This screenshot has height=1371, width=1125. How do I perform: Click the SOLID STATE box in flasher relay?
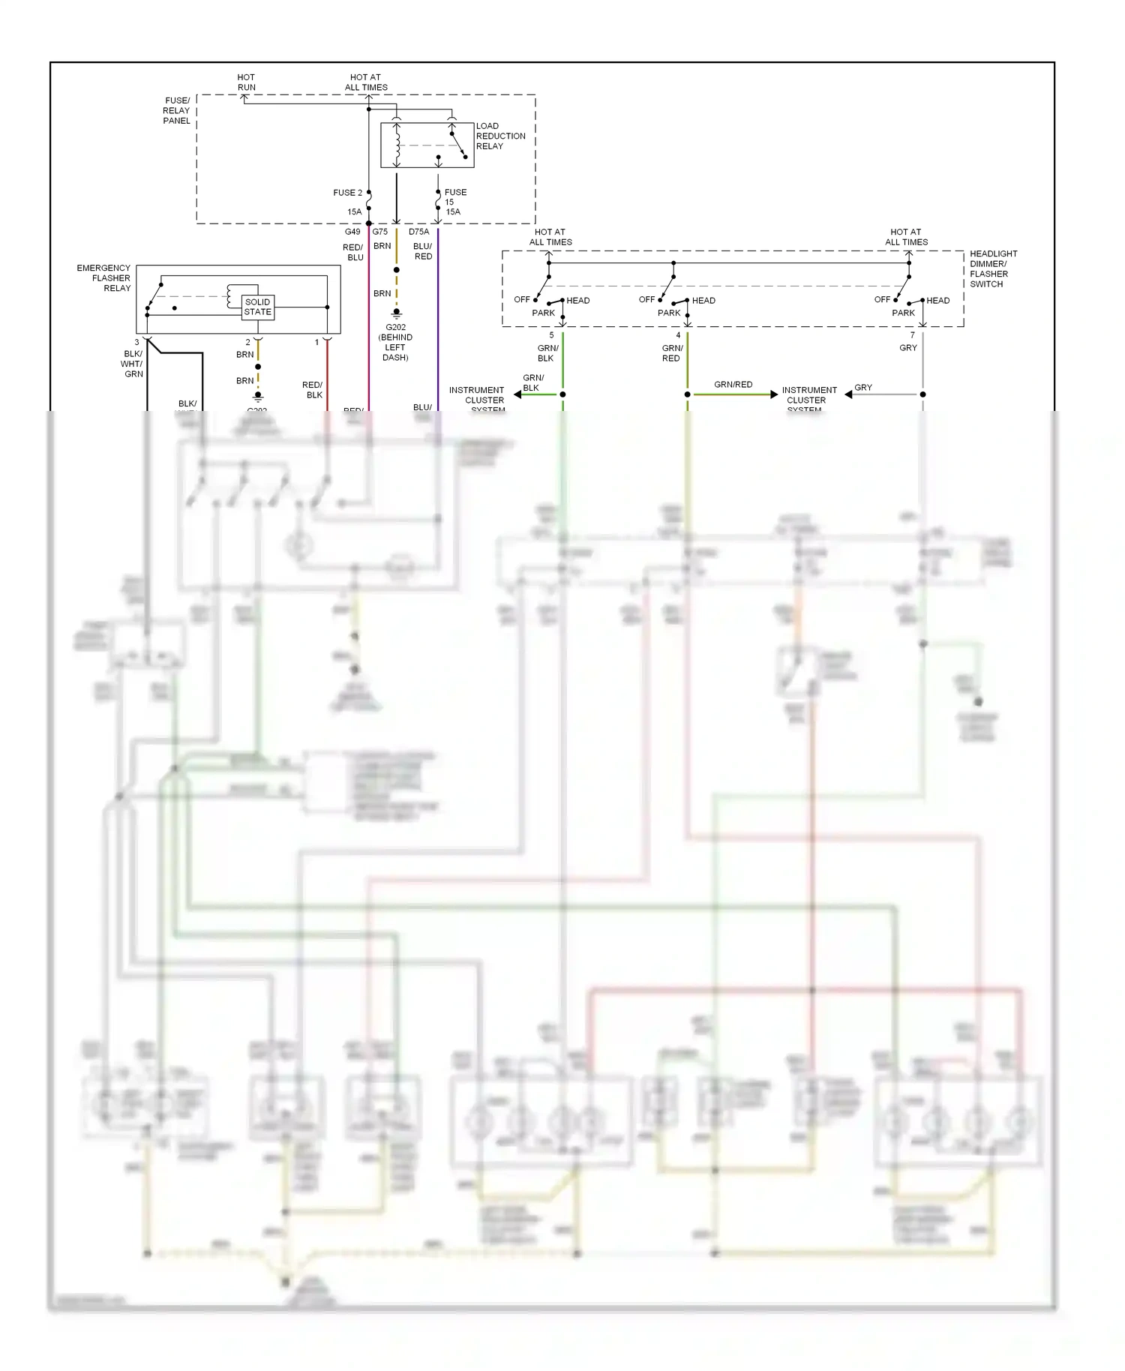[258, 307]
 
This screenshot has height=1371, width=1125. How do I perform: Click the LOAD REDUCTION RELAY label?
[500, 136]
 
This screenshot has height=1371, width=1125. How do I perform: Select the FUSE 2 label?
[347, 193]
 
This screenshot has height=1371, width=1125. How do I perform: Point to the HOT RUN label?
[246, 82]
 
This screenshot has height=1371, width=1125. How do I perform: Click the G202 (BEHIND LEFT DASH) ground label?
[395, 342]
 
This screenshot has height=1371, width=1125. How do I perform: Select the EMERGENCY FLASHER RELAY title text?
[105, 277]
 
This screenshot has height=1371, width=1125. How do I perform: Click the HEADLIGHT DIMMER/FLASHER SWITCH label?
[993, 268]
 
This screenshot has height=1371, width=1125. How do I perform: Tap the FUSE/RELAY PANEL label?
[177, 110]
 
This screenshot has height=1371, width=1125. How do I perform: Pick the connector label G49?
[352, 232]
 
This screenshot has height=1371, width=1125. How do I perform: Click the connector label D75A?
[418, 232]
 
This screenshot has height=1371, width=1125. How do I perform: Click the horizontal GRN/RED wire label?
[733, 384]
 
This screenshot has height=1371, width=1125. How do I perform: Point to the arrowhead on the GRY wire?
[848, 394]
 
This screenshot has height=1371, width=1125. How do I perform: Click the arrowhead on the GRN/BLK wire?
[517, 394]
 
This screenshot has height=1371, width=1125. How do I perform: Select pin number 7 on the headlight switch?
[913, 335]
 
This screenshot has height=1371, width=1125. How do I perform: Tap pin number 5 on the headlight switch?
[551, 335]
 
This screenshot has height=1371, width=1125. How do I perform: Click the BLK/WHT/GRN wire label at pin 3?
[133, 364]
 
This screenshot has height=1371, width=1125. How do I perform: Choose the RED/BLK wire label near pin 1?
[313, 390]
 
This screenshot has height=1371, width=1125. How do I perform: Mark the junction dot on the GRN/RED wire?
[687, 394]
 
